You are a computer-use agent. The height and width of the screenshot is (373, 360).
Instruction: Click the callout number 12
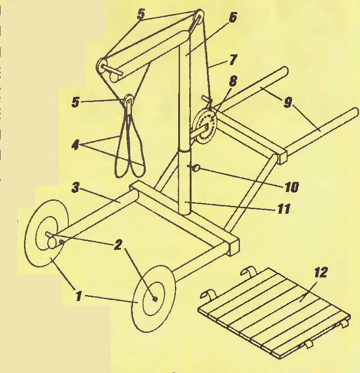click(321, 272)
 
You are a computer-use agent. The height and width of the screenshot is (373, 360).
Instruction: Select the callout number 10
click(292, 187)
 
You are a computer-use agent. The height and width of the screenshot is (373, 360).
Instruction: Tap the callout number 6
click(232, 18)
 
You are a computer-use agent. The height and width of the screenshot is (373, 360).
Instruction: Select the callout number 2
click(118, 245)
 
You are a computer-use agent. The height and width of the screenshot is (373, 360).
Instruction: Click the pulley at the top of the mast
click(199, 17)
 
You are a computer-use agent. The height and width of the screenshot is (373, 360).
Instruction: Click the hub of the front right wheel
click(155, 299)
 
